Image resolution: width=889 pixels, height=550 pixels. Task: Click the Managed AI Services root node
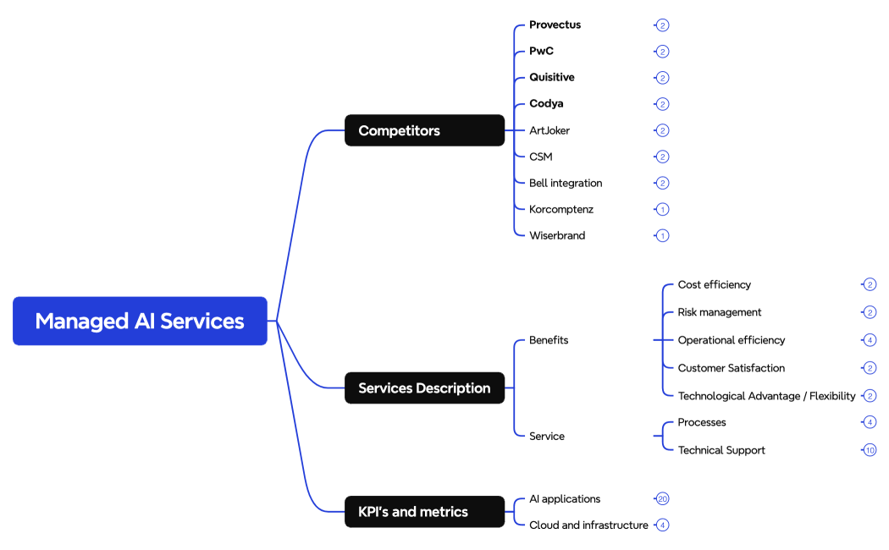[140, 321]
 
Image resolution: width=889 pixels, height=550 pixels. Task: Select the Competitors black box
[424, 130]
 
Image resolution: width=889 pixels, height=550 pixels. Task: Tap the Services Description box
[424, 388]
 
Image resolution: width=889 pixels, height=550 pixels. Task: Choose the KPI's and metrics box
[424, 512]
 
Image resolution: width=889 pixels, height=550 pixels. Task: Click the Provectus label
[555, 25]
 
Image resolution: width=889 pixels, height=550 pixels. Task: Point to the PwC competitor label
[541, 51]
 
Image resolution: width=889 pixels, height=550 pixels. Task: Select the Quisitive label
[551, 77]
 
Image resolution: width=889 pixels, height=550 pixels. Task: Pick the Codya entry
[546, 103]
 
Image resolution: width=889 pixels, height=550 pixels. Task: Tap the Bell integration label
[566, 183]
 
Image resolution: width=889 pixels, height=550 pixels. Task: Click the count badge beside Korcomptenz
[662, 209]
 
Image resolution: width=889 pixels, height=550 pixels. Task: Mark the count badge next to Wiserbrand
[662, 235]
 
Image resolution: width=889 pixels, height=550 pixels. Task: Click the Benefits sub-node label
[549, 340]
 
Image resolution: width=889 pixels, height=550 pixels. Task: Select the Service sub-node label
[547, 436]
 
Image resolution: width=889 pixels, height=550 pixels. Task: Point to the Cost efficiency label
[714, 284]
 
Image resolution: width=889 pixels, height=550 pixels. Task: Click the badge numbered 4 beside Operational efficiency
[870, 340]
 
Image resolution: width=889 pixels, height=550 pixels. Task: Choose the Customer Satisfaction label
[731, 368]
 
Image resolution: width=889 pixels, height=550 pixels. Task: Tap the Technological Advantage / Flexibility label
[766, 396]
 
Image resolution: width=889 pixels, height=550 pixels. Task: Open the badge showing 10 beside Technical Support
[870, 450]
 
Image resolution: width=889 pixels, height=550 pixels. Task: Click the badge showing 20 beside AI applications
[662, 499]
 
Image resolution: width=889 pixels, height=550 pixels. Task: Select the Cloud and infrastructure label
[588, 525]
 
